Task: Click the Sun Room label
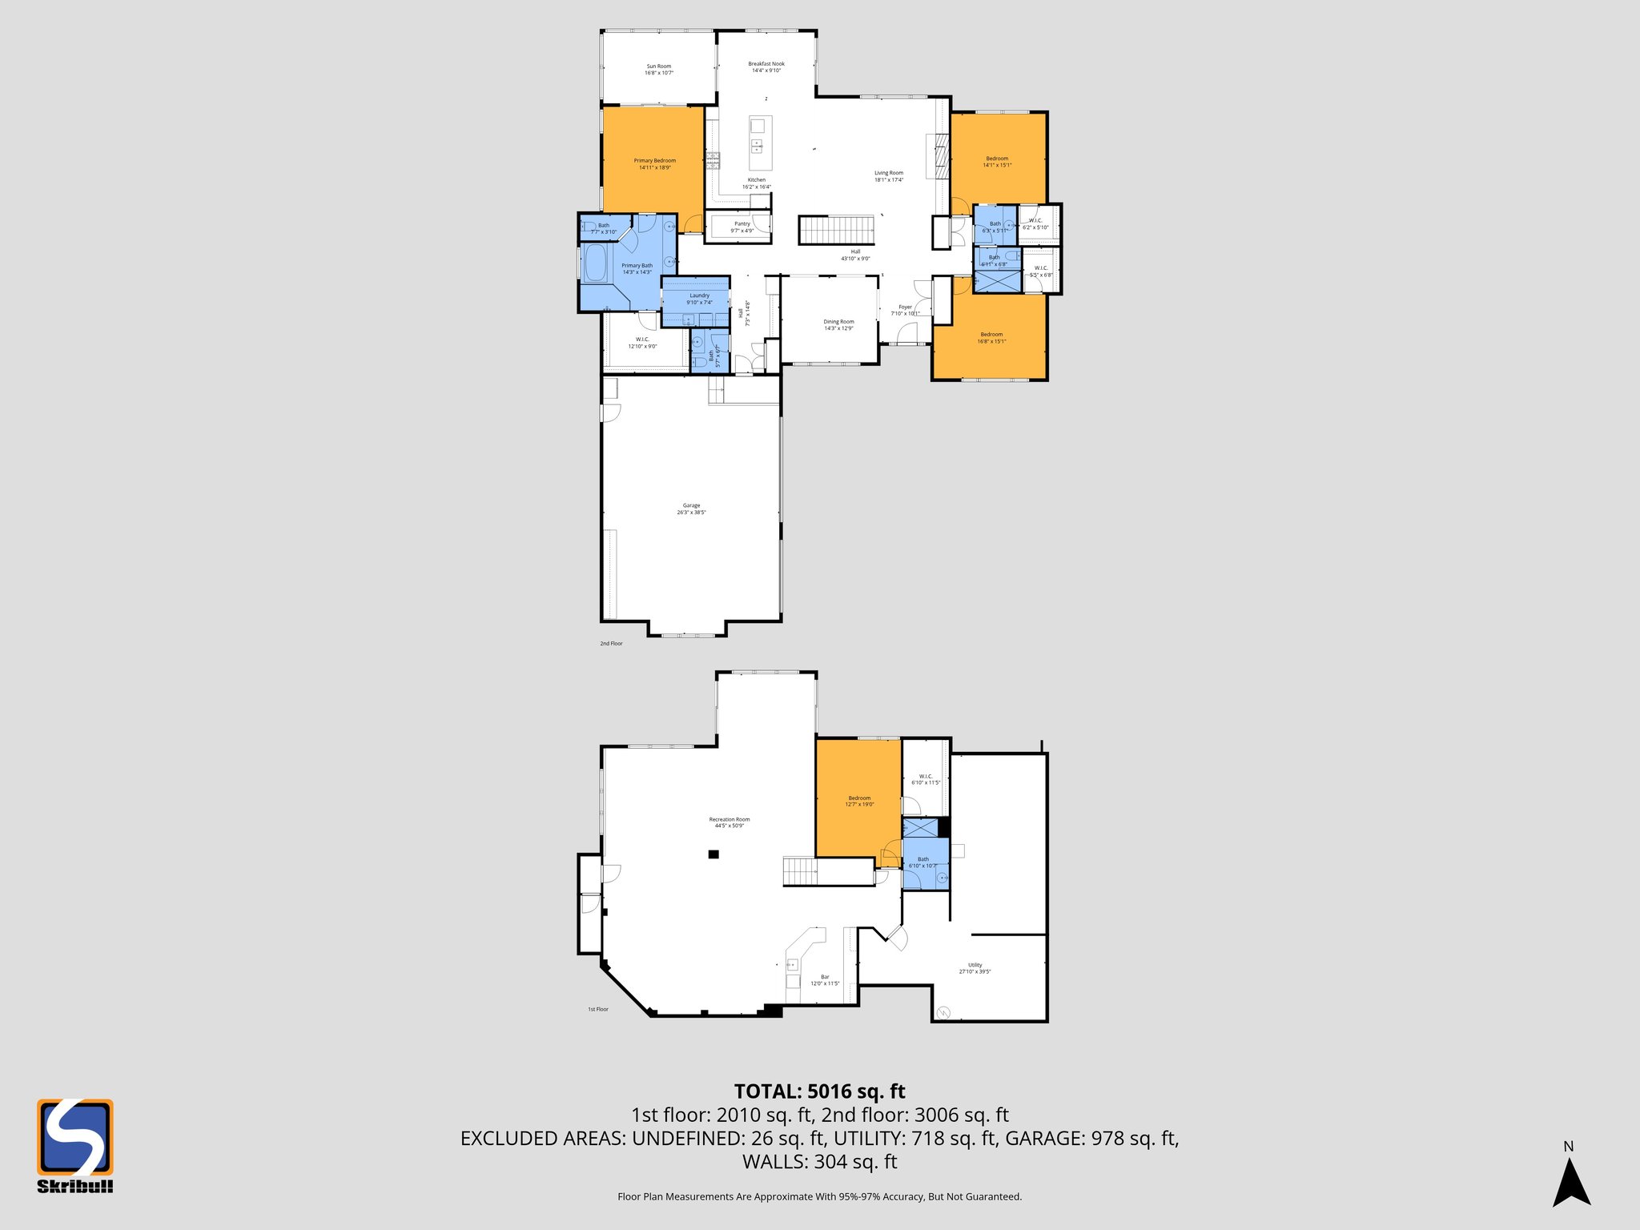(x=659, y=70)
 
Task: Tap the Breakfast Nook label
(x=766, y=67)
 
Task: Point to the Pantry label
(x=742, y=227)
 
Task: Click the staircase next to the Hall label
(x=836, y=230)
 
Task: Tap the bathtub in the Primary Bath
(x=595, y=263)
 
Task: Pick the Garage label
(x=691, y=508)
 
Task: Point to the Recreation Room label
(x=729, y=822)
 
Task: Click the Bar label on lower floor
(x=825, y=979)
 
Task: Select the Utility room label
(x=975, y=968)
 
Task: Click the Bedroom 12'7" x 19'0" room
(x=859, y=801)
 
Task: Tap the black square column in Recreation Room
(x=713, y=855)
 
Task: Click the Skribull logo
(x=75, y=1145)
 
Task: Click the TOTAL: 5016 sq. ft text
(x=819, y=1091)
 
